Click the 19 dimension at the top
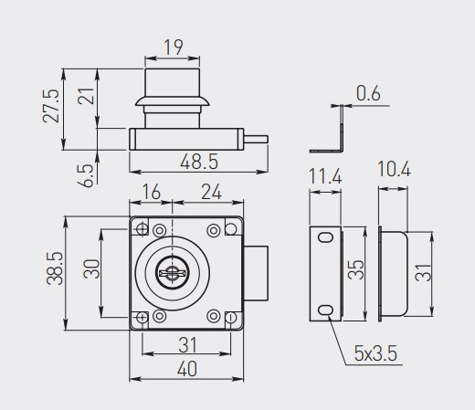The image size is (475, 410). pyautogui.click(x=174, y=47)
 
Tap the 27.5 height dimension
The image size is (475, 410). pyautogui.click(x=51, y=106)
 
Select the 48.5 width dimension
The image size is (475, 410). pyautogui.click(x=199, y=162)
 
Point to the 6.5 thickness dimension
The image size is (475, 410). pyautogui.click(x=85, y=175)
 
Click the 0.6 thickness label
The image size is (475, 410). pyautogui.click(x=368, y=93)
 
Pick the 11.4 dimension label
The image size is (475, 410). pyautogui.click(x=325, y=176)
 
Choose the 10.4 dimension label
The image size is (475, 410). pyautogui.click(x=394, y=169)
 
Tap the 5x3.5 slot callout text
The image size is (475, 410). pyautogui.click(x=375, y=353)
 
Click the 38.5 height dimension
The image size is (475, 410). pyautogui.click(x=55, y=268)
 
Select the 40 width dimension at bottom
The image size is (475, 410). pyautogui.click(x=187, y=369)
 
